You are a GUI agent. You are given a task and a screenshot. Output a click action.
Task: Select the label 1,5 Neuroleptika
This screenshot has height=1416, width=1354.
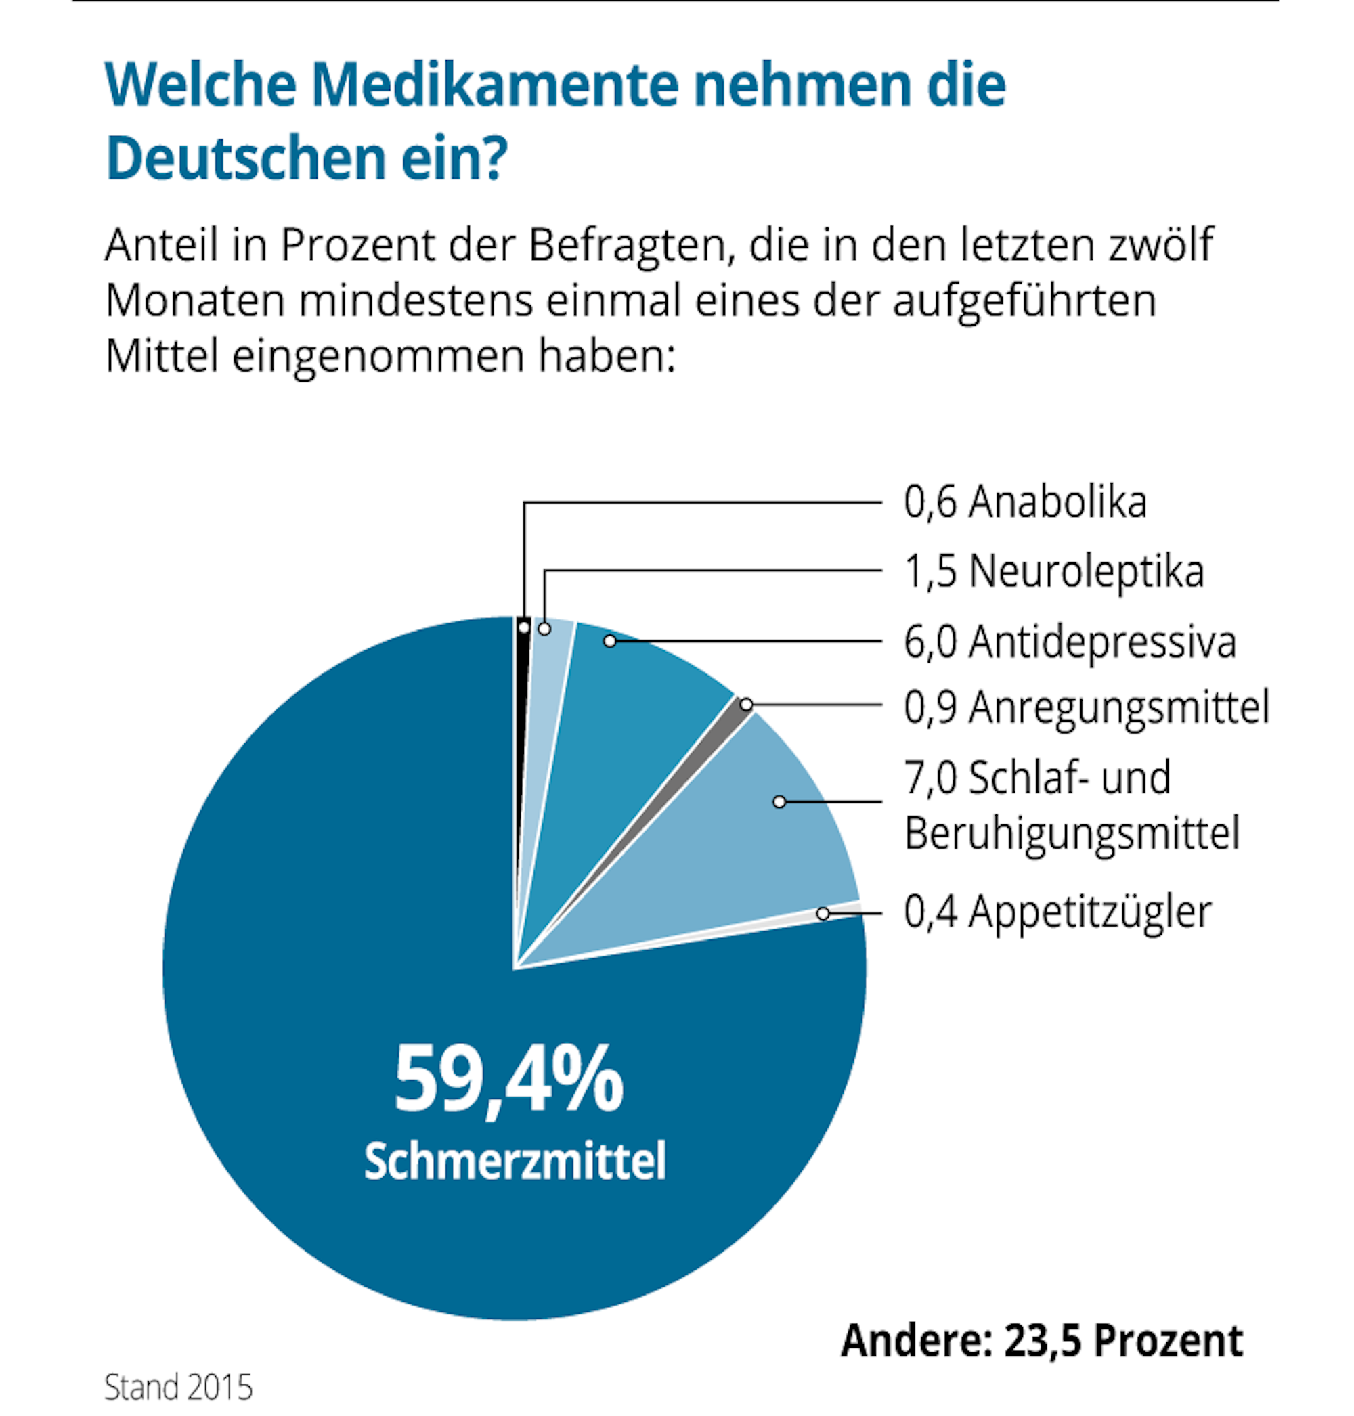[1054, 571]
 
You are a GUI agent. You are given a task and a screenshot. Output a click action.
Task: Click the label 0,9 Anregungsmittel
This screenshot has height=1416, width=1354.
[1086, 707]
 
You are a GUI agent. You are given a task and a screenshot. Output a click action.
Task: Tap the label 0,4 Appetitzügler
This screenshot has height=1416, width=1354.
[1057, 912]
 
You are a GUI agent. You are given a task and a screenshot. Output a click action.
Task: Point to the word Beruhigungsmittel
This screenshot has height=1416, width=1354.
[1072, 834]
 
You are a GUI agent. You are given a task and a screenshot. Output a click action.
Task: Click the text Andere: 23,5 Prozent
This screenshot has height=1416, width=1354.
[1042, 1341]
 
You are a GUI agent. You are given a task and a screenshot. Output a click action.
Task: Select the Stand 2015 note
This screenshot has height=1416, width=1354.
[178, 1387]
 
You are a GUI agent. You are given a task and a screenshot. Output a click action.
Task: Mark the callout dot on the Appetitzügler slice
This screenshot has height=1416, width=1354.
[823, 914]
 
